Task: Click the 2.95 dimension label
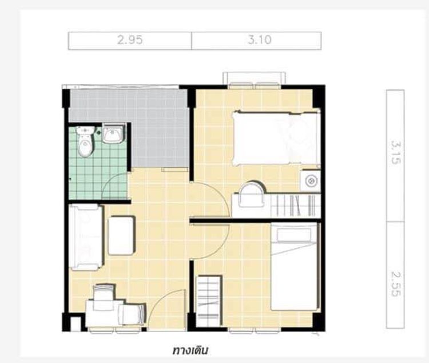(130, 40)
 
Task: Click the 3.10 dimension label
(260, 40)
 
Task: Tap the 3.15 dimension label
(396, 152)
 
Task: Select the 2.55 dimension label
(396, 284)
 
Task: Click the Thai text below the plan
(190, 350)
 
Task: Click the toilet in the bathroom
(85, 141)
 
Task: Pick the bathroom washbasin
(114, 133)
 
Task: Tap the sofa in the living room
(86, 237)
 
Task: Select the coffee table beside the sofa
(121, 236)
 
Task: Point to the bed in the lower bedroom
(295, 267)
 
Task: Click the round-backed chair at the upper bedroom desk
(252, 194)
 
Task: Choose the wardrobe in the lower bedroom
(209, 301)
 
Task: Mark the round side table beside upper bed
(311, 181)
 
